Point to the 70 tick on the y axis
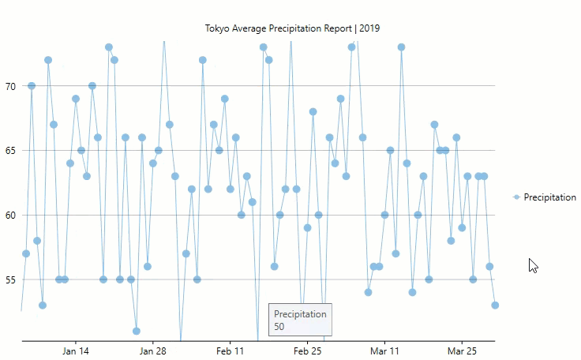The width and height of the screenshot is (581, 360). coord(9,86)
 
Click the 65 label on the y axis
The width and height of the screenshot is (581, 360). coord(9,151)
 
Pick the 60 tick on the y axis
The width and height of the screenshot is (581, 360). coord(9,216)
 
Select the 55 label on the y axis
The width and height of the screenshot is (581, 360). coord(9,280)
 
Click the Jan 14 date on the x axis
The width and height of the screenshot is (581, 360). coord(76,351)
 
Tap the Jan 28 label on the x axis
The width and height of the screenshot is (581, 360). coord(153,351)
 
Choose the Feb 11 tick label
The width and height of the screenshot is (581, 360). coord(231,351)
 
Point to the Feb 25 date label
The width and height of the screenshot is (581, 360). coord(308,351)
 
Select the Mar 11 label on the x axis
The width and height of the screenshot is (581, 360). coord(385,351)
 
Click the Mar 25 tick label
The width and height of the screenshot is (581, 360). coord(463,351)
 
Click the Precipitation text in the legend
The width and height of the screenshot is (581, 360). coord(549,197)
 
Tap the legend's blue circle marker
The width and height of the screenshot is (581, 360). coord(516,197)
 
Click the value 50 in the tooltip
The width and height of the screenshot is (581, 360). coord(279,326)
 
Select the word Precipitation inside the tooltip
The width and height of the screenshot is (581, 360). coord(300,314)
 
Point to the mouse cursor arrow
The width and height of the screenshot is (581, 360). coord(533,264)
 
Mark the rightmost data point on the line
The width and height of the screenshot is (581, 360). coord(495,305)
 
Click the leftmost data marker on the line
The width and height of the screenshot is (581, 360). coord(26,253)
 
